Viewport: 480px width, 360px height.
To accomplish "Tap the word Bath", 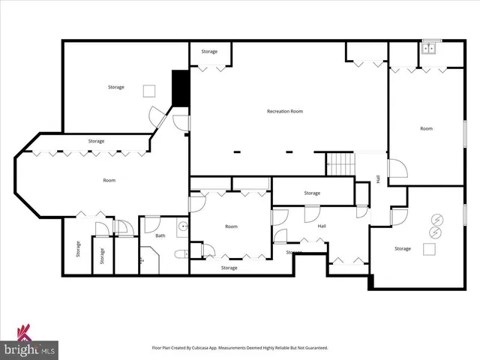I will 160,235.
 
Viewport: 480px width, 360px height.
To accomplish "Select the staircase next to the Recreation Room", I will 339,163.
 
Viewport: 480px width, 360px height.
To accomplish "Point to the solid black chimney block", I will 180,88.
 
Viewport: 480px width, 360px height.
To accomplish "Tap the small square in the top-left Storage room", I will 149,91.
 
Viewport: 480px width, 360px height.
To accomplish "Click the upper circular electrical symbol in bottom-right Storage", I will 436,220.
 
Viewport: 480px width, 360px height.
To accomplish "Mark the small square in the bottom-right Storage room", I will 430,248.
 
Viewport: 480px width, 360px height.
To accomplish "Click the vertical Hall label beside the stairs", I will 378,179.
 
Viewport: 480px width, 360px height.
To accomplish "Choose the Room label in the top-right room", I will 426,129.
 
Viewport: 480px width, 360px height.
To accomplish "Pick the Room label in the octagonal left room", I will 109,180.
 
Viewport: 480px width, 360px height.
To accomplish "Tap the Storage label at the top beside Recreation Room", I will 209,52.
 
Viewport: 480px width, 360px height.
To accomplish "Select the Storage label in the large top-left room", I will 115,88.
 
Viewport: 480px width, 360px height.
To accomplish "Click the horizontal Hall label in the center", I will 322,226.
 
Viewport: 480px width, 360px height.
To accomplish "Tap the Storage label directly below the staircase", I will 312,193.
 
